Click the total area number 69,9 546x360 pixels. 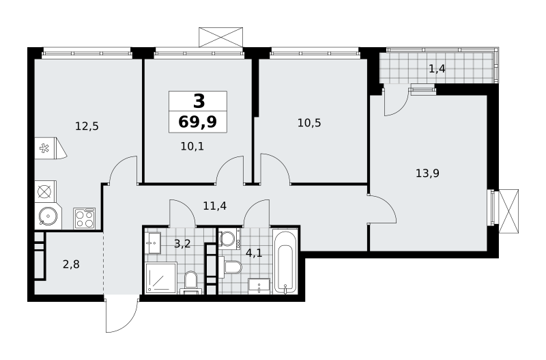(197, 122)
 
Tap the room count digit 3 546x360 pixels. (199, 101)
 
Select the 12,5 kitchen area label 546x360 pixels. (87, 126)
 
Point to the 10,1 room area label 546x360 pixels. (192, 146)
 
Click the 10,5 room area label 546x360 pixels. (309, 123)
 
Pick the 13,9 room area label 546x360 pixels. (428, 173)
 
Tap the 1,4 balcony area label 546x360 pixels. (437, 69)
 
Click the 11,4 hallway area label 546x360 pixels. (215, 206)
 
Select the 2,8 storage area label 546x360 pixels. (71, 264)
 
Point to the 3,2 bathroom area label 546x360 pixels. (182, 244)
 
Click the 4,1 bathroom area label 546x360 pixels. (254, 253)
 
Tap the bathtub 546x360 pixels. (285, 262)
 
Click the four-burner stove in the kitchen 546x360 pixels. (85, 219)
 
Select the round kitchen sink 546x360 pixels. (48, 217)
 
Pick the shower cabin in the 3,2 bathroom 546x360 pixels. (161, 277)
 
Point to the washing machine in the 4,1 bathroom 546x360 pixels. (229, 238)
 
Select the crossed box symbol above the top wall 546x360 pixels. (220, 37)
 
